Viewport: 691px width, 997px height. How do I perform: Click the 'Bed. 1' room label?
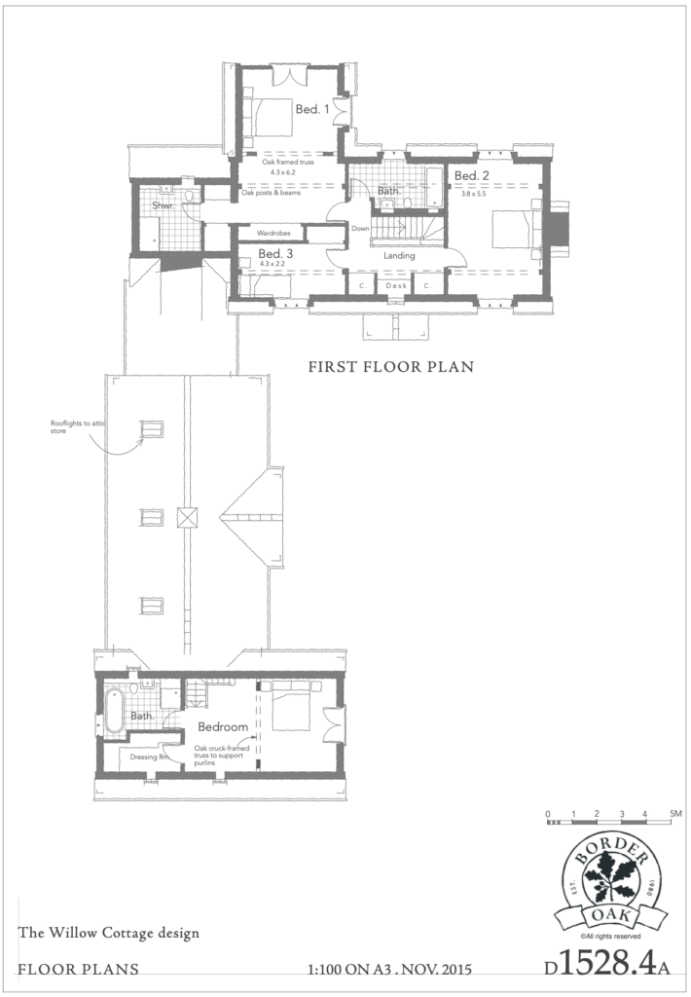(312, 109)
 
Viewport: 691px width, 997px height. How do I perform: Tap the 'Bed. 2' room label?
(472, 175)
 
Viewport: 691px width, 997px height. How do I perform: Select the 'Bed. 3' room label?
(275, 254)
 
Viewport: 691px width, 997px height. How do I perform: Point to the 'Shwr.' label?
(163, 205)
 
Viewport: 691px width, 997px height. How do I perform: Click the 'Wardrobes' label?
(273, 234)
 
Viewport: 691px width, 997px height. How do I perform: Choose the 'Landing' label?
(399, 256)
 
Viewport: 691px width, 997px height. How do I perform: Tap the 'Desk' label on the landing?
(396, 286)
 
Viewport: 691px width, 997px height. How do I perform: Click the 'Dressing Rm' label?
(149, 757)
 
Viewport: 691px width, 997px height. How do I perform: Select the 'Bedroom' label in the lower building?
(223, 726)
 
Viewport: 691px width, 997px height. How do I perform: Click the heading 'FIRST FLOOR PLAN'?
(391, 367)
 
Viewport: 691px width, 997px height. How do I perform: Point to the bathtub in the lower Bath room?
(115, 709)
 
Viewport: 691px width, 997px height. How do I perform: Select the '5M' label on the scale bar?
(675, 813)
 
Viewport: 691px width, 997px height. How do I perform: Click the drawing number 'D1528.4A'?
(607, 965)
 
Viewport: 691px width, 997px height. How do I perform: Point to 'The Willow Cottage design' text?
(109, 933)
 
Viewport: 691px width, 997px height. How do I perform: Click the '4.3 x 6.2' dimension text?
(283, 172)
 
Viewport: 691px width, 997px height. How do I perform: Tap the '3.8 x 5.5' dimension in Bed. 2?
(474, 194)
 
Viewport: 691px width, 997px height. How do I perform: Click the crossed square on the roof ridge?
(188, 518)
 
